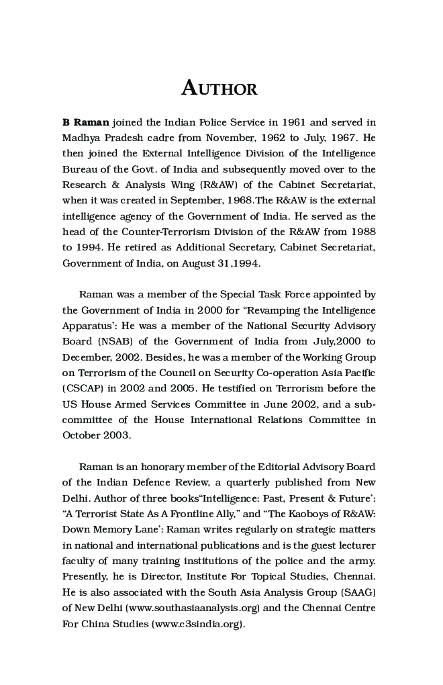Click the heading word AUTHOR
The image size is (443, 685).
(219, 89)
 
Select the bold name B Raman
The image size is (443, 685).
(86, 122)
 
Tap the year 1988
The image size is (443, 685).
(362, 232)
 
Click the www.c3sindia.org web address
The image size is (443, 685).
(198, 623)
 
